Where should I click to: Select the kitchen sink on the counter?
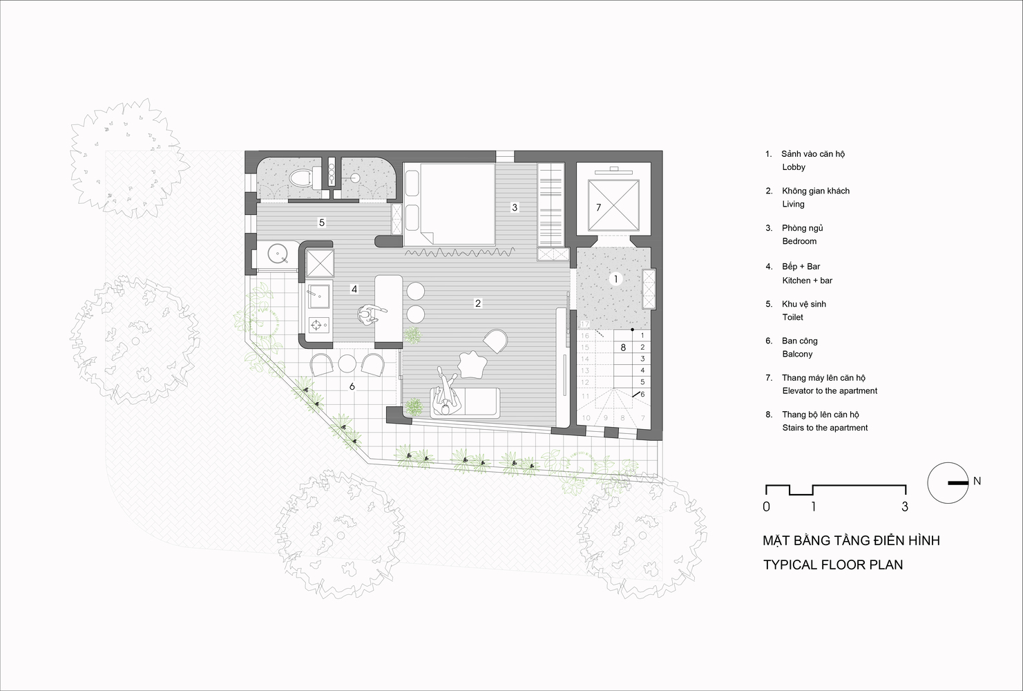[x=318, y=296]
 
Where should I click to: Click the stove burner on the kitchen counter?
[x=318, y=325]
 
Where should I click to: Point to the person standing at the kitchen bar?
[x=369, y=314]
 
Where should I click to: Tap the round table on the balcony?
[x=347, y=363]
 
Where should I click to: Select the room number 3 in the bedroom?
[x=514, y=207]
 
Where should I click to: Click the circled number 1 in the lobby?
[x=615, y=278]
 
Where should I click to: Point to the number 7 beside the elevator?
[x=598, y=207]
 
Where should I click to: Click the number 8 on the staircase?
[x=623, y=348]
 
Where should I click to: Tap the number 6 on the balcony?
[x=352, y=387]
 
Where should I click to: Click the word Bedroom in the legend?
[x=799, y=241]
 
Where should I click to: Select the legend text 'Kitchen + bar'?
[x=807, y=280]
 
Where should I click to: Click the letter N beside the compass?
[x=977, y=481]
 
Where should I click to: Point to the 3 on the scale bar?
[x=905, y=507]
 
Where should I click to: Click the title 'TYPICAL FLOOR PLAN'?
[x=833, y=565]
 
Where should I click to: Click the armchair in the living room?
[x=495, y=341]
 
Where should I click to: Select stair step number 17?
[x=585, y=324]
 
